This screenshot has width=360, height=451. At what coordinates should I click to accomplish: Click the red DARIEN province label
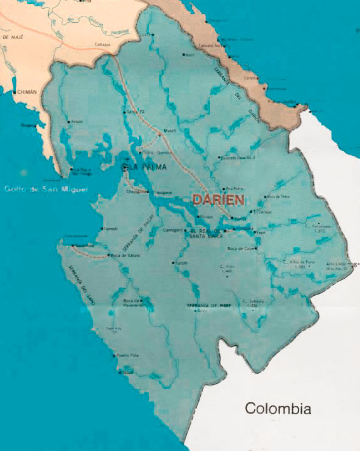[219, 199]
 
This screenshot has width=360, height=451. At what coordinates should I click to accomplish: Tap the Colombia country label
[278, 409]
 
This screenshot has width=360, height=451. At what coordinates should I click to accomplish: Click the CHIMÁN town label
[28, 92]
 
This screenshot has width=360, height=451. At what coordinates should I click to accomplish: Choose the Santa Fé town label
[136, 112]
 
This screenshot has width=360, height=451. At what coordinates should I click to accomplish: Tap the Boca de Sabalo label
[125, 255]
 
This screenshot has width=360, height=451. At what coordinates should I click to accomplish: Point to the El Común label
[261, 212]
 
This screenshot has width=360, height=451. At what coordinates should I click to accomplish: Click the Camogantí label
[172, 229]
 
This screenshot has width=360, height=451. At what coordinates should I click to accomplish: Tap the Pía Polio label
[235, 188]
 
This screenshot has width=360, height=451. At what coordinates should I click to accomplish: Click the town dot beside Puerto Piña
[115, 355]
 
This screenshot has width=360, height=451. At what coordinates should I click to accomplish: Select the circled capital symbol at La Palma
[125, 167]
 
